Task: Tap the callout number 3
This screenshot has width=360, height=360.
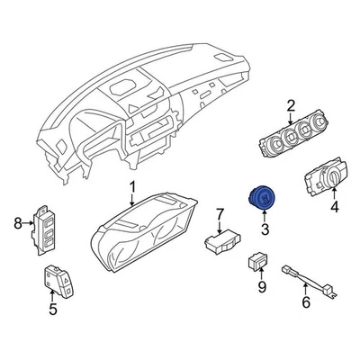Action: [x=265, y=230]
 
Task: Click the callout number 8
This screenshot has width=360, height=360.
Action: [x=17, y=222]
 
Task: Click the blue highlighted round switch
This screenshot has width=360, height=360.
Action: [x=265, y=199]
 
